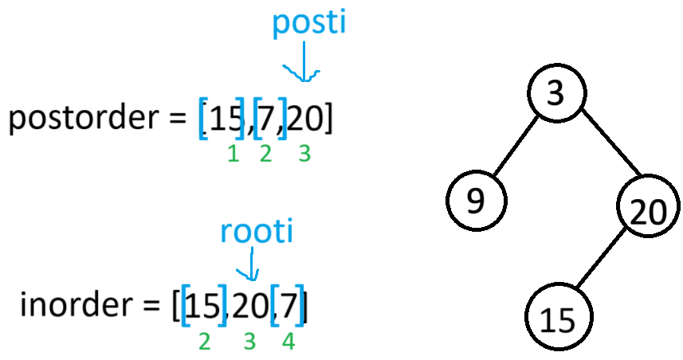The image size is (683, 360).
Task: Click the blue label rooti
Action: (257, 232)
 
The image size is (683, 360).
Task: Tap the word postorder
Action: (87, 119)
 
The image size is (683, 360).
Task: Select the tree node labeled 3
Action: (555, 93)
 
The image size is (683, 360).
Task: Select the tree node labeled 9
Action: (475, 201)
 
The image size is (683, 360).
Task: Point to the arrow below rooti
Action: (252, 264)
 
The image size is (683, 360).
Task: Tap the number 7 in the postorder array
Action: (269, 119)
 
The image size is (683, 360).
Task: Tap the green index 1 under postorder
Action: (233, 155)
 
